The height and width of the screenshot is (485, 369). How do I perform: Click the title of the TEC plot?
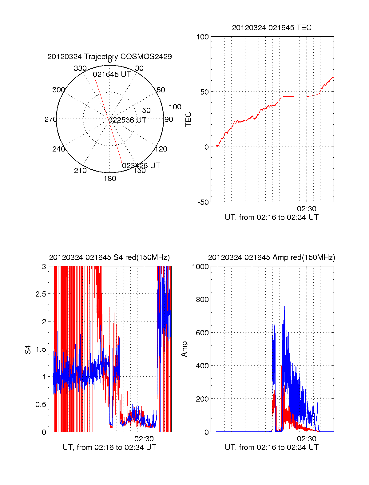click(272, 28)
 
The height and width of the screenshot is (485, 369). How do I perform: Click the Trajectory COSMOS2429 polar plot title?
click(109, 57)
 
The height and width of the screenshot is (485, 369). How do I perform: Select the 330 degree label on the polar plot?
click(80, 68)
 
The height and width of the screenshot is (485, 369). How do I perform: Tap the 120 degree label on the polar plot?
click(161, 149)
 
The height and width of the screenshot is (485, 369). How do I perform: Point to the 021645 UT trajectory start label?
click(112, 75)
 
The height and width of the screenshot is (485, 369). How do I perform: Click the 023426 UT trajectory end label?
click(141, 166)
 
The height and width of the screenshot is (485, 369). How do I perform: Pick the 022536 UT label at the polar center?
click(127, 120)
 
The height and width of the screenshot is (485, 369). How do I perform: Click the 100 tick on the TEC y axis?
click(202, 37)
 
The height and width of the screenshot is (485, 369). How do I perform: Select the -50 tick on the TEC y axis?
click(203, 202)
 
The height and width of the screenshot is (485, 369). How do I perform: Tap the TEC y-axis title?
click(188, 119)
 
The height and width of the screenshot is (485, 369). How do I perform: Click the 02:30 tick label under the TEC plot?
click(307, 209)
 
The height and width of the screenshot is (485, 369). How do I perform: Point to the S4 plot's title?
click(109, 257)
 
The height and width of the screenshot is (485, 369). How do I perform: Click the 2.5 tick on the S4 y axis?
click(41, 294)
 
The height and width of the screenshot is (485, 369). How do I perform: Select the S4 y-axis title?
click(28, 350)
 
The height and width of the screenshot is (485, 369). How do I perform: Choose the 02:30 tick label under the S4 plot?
click(144, 439)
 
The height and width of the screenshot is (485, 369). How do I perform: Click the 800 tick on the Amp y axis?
click(202, 299)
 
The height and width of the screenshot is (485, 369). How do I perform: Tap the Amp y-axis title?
click(184, 349)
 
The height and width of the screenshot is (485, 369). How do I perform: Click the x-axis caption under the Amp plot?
click(272, 447)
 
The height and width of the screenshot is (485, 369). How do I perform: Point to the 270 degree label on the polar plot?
click(50, 119)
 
